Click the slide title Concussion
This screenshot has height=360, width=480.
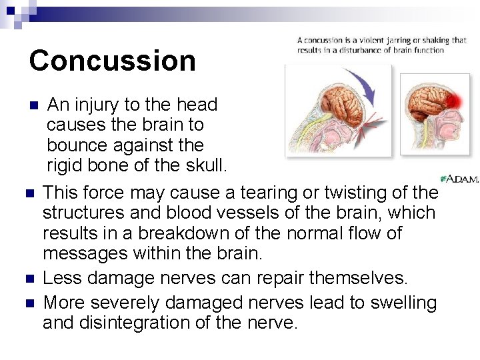tap(112, 60)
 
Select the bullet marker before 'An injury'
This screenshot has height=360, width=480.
tap(35, 105)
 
